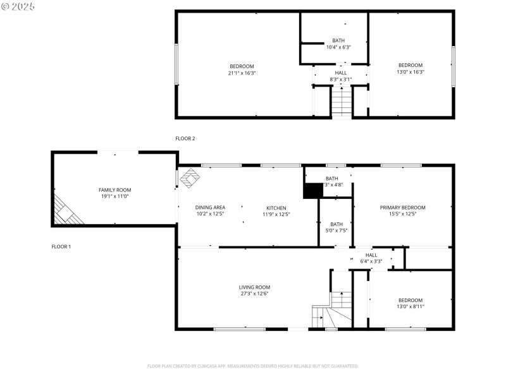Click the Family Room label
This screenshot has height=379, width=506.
114,189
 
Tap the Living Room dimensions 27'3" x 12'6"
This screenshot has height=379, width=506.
254,294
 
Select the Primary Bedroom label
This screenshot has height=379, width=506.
402,207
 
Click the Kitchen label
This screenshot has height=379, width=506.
276,208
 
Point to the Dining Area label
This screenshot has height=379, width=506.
210,207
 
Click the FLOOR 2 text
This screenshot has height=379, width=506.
185,138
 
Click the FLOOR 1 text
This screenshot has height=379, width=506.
61,246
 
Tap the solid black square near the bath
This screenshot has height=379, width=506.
313,190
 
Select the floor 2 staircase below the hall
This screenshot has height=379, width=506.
342,102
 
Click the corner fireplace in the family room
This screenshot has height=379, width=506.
66,210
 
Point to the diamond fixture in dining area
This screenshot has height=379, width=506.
189,179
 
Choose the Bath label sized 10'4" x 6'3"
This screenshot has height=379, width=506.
338,40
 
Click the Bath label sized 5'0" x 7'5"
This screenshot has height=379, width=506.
336,224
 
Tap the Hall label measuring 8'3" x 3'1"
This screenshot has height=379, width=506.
341,73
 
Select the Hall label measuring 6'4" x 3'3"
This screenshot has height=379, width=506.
371,255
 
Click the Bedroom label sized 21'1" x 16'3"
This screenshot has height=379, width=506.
242,66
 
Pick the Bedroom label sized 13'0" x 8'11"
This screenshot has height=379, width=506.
410,300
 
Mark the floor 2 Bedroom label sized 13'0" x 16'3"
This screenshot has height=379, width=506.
410,65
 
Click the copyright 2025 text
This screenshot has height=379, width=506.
18,6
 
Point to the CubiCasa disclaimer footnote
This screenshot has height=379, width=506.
253,366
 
